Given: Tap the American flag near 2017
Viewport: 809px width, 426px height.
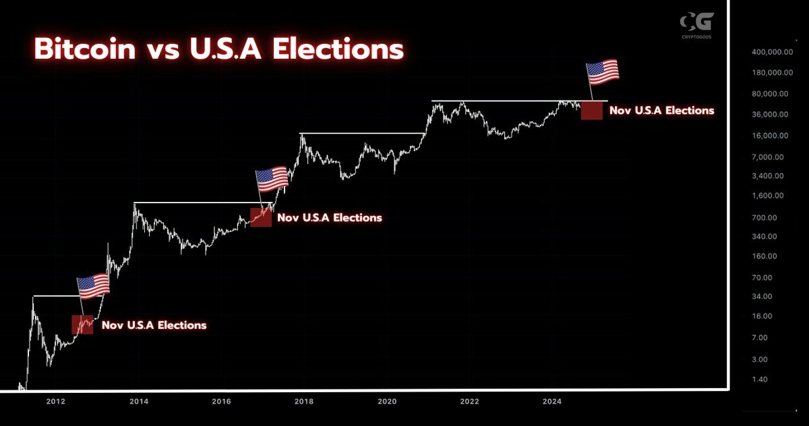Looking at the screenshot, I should coord(271,180).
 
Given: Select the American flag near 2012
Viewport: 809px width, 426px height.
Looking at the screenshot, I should coord(93,287).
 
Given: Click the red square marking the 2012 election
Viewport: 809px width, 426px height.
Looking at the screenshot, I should coord(82,325).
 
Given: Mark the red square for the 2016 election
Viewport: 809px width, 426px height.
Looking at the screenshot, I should coord(261,217).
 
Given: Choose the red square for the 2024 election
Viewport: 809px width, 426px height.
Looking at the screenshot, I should coord(591,110).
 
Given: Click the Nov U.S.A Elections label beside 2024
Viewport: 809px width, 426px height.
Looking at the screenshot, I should coord(661,110).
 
